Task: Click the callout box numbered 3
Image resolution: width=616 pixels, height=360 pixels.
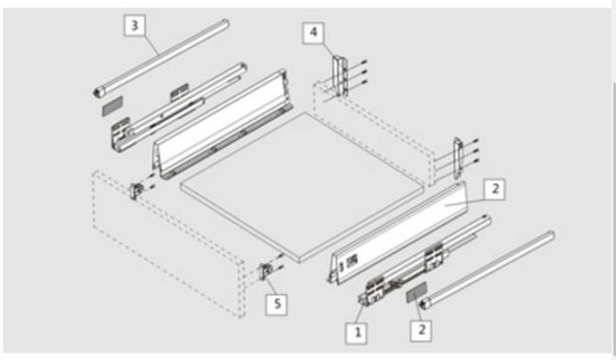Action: pos(135,26)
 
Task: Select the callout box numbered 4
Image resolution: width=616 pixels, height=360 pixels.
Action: pos(313,32)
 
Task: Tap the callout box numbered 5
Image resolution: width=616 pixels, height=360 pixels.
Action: pos(277,304)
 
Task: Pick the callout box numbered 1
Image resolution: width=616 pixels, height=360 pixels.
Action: pos(356,333)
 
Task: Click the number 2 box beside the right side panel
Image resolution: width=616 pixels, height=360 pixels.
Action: pos(495,189)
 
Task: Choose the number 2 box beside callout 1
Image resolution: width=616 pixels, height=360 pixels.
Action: pos(421,331)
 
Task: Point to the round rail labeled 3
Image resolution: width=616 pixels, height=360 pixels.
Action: pos(162,58)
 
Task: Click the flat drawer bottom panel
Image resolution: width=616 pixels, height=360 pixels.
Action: pos(302,186)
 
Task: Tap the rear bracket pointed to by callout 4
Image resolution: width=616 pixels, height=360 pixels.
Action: pos(340,76)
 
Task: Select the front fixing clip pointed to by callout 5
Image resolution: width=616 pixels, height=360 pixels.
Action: pos(265,271)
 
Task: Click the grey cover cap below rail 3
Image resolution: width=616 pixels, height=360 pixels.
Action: pos(113,105)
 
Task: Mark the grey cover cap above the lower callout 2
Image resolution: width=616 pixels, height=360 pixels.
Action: pos(416,292)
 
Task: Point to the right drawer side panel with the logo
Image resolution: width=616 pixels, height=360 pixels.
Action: pos(398,231)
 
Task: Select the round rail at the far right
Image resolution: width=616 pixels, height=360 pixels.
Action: pos(487,270)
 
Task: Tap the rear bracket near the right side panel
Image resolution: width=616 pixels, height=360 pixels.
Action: pos(458,157)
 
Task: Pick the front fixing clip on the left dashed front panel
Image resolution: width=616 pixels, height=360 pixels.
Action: pos(136,191)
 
